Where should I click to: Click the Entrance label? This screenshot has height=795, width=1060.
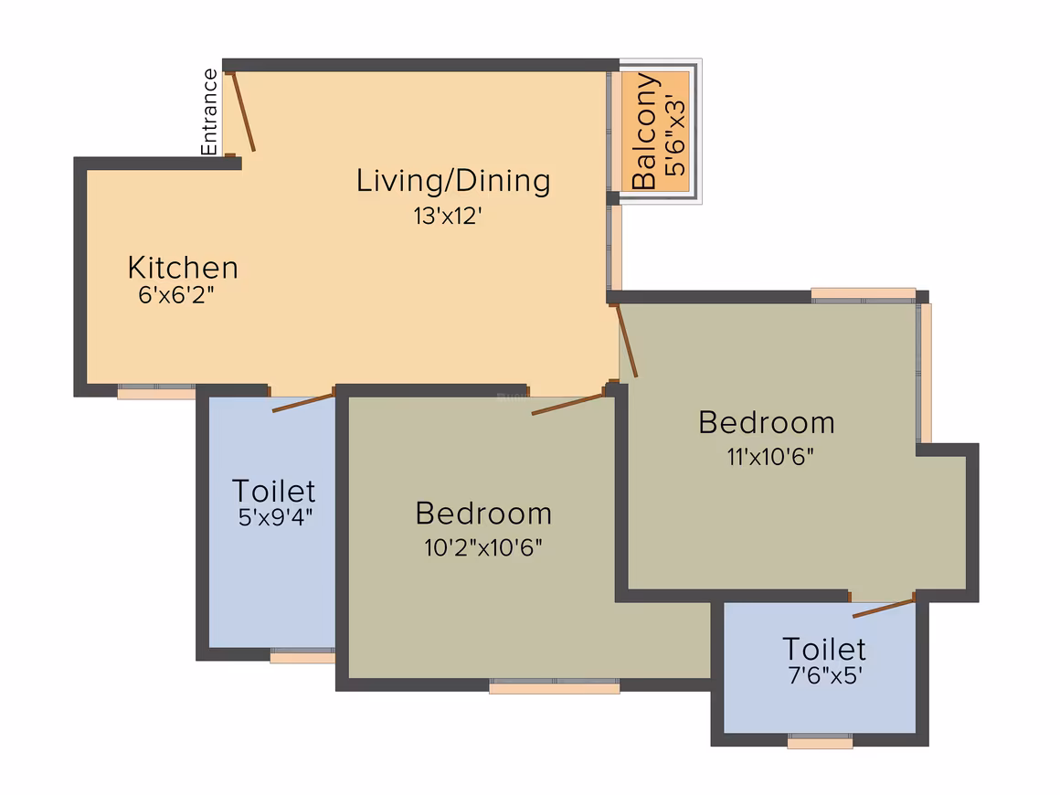click(x=209, y=111)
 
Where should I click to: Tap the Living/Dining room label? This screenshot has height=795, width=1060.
click(x=453, y=181)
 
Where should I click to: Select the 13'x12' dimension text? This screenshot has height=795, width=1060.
click(x=448, y=216)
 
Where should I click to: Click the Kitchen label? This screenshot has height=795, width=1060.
click(x=183, y=268)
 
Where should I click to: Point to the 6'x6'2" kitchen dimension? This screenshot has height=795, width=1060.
click(x=175, y=295)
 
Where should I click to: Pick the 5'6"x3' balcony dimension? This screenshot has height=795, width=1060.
click(x=674, y=135)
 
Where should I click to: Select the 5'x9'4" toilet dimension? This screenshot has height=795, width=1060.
click(x=275, y=517)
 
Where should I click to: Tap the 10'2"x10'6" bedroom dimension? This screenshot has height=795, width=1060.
click(x=482, y=546)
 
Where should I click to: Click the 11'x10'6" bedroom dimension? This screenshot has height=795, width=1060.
click(x=770, y=457)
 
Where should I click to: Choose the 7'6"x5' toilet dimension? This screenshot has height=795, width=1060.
click(x=825, y=675)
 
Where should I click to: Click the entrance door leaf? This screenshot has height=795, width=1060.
click(x=243, y=111)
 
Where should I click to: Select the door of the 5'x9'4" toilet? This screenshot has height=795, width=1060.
click(x=303, y=402)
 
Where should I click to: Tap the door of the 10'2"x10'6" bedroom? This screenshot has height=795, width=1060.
click(x=567, y=404)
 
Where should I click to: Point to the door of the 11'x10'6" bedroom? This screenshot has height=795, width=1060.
click(x=626, y=341)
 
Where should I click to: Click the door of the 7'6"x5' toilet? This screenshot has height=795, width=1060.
click(x=884, y=607)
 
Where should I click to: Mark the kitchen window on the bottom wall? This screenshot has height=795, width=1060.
click(x=156, y=392)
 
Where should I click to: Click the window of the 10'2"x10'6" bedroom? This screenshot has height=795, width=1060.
click(x=555, y=686)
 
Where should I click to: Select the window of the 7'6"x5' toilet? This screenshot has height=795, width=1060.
click(x=820, y=741)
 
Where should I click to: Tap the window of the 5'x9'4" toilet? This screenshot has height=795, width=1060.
click(x=302, y=656)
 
